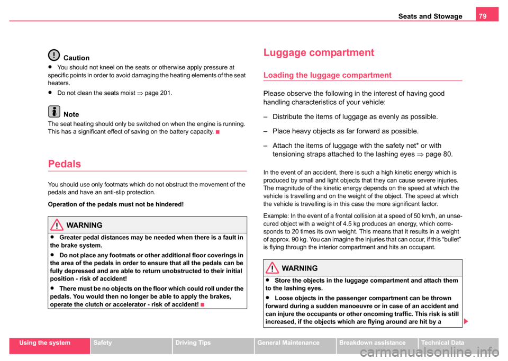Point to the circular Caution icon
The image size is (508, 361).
point(54,55)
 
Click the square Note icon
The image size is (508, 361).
point(54,112)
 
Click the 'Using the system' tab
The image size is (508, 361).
point(49,343)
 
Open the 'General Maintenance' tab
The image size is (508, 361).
point(289,343)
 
